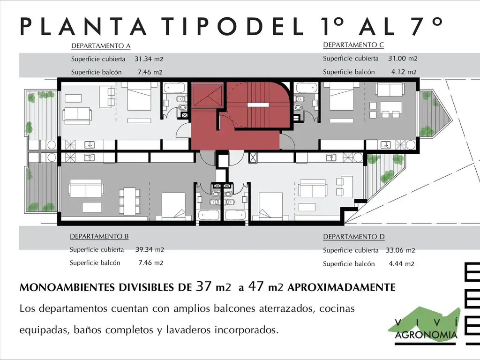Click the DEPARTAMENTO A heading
pyautogui.click(x=100, y=46)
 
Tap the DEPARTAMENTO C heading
pyautogui.click(x=353, y=45)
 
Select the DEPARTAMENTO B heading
pyautogui.click(x=99, y=236)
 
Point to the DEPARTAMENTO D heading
pyautogui.click(x=354, y=237)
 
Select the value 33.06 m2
pyautogui.click(x=402, y=250)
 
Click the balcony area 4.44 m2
pyautogui.click(x=402, y=264)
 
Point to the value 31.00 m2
pyautogui.click(x=403, y=59)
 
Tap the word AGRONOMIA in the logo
pyautogui.click(x=427, y=335)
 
